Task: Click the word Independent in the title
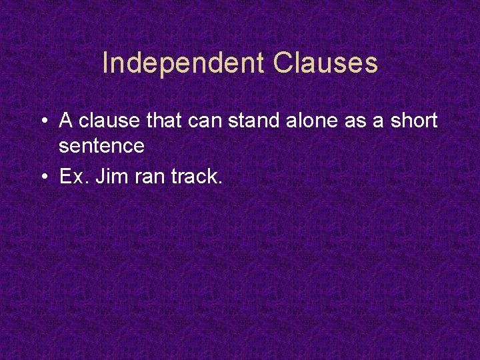pos(183,64)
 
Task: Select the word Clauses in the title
pos(325,64)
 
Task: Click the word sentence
pos(101,145)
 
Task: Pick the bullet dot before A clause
pos(43,121)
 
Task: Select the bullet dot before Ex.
pos(43,177)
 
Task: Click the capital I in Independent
pos(106,64)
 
